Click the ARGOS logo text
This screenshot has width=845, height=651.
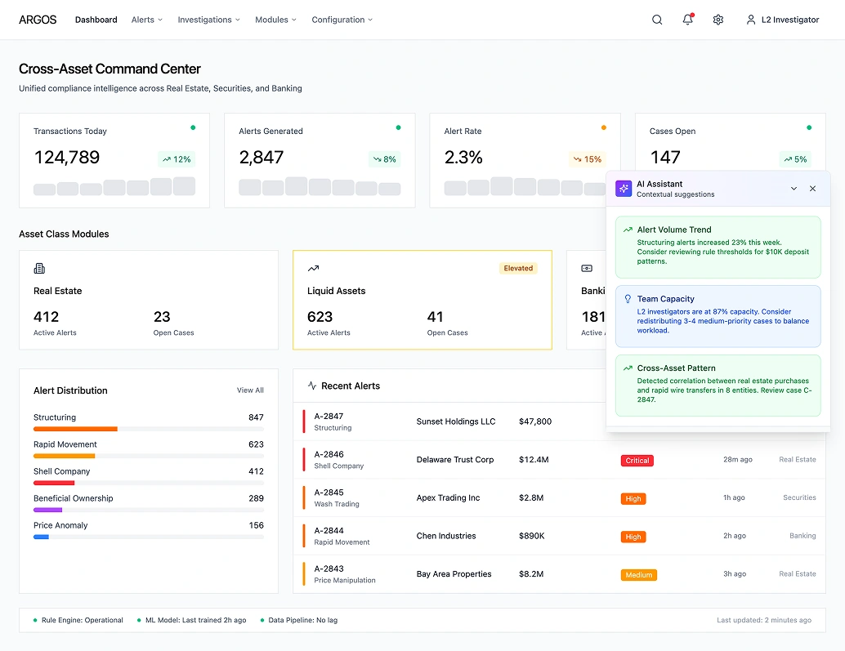pos(38,20)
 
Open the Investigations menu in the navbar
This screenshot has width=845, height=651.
pos(208,20)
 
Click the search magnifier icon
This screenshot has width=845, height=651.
pos(657,20)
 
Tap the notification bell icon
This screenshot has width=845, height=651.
pos(687,20)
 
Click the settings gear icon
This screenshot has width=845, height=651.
pos(718,20)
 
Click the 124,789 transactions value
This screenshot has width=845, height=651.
pos(67,158)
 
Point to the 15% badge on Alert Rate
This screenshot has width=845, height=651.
pos(587,159)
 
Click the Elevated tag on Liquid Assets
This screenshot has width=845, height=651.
pos(518,268)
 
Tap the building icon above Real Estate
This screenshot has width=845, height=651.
pos(39,268)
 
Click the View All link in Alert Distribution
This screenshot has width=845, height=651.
pos(250,390)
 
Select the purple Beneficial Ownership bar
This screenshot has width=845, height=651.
pos(47,510)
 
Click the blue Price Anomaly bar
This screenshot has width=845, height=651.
pos(41,537)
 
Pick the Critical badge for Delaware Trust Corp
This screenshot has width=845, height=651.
pos(637,461)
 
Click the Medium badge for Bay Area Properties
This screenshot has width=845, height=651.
pos(638,575)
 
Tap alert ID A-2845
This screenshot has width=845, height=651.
pos(329,493)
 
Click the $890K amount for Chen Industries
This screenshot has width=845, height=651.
pos(533,536)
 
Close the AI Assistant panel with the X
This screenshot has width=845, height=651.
pos(812,189)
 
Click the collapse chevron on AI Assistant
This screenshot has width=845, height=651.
pos(794,189)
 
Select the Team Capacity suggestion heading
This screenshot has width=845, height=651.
pos(665,299)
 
